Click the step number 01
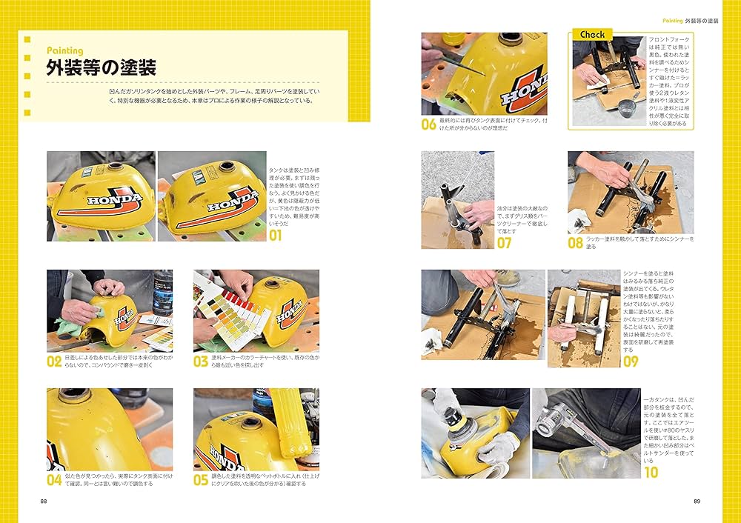pyautogui.click(x=276, y=236)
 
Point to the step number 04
pyautogui.click(x=54, y=479)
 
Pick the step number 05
pyautogui.click(x=201, y=479)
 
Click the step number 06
pyautogui.click(x=429, y=124)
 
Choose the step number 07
pyautogui.click(x=504, y=243)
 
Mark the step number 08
pyautogui.click(x=576, y=243)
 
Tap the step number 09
pyautogui.click(x=631, y=362)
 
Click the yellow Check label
pyautogui.click(x=592, y=35)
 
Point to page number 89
pyautogui.click(x=697, y=501)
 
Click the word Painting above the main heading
pyautogui.click(x=64, y=50)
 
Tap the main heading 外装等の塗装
pyautogui.click(x=101, y=68)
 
